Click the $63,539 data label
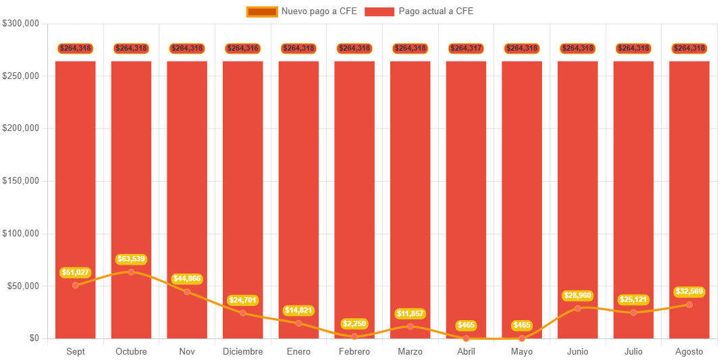tap(131, 259)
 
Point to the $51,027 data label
tap(75, 273)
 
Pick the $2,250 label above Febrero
tap(354, 324)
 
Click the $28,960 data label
tap(578, 296)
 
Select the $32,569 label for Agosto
tap(689, 292)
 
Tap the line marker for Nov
tap(187, 292)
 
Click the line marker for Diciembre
tap(243, 313)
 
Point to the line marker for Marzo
tap(410, 326)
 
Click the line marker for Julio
tap(633, 312)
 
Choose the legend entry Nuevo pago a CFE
tap(302, 11)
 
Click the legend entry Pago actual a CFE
tap(419, 11)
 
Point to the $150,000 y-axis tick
tap(21, 180)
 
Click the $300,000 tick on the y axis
tap(21, 23)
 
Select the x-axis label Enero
tap(298, 351)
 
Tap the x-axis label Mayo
tap(522, 351)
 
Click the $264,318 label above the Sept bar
tap(75, 49)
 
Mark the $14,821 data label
tap(298, 311)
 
